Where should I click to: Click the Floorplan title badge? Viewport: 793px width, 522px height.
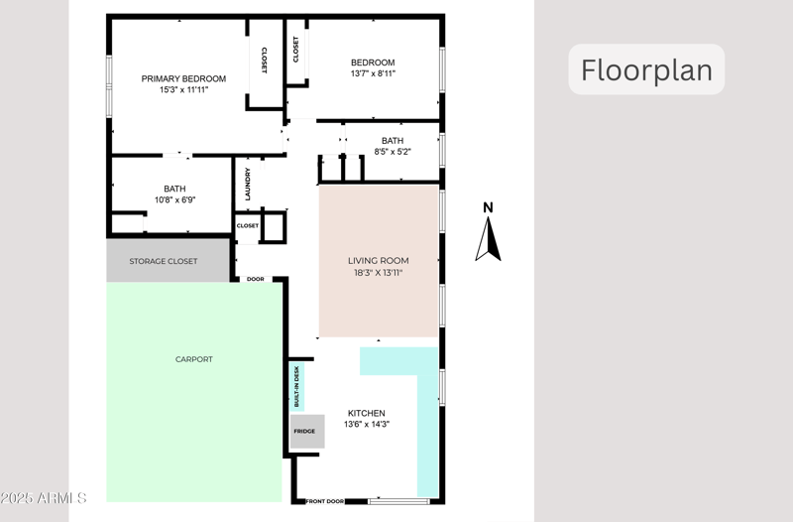[646, 70]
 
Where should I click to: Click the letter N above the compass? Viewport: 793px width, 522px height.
[487, 207]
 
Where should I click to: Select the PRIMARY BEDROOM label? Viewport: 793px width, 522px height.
[183, 79]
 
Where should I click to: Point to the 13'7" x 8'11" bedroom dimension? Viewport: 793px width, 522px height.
[373, 73]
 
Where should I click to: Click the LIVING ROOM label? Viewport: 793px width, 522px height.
[378, 261]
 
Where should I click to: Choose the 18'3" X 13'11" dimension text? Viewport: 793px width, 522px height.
[378, 272]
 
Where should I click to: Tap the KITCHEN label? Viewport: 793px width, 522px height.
[366, 413]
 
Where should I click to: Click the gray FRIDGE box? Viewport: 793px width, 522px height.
[305, 432]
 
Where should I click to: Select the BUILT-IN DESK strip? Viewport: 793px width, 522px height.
[296, 387]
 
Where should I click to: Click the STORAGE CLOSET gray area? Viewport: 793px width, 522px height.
[164, 261]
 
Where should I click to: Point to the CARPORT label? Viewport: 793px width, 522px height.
[193, 359]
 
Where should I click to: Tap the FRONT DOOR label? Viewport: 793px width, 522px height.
[325, 501]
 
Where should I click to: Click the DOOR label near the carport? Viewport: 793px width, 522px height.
[255, 279]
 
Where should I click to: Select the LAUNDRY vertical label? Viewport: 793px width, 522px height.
[248, 183]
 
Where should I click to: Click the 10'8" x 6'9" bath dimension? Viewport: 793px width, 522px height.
[174, 199]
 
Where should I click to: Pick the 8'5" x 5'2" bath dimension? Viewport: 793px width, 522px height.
[393, 152]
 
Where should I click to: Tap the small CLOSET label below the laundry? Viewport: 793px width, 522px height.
[247, 225]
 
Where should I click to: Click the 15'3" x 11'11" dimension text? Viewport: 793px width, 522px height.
[183, 90]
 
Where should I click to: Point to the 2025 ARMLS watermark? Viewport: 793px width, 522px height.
[44, 497]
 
